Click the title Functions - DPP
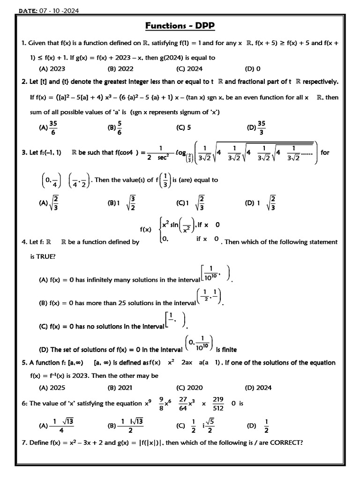180,26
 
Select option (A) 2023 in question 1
52,69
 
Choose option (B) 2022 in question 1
120,69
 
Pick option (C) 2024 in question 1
189,69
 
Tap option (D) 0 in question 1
253,69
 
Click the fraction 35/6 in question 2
53,127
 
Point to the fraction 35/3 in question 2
262,127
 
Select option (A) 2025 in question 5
52,388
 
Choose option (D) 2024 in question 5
258,388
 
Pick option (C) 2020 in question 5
189,388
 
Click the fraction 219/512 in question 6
218,403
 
